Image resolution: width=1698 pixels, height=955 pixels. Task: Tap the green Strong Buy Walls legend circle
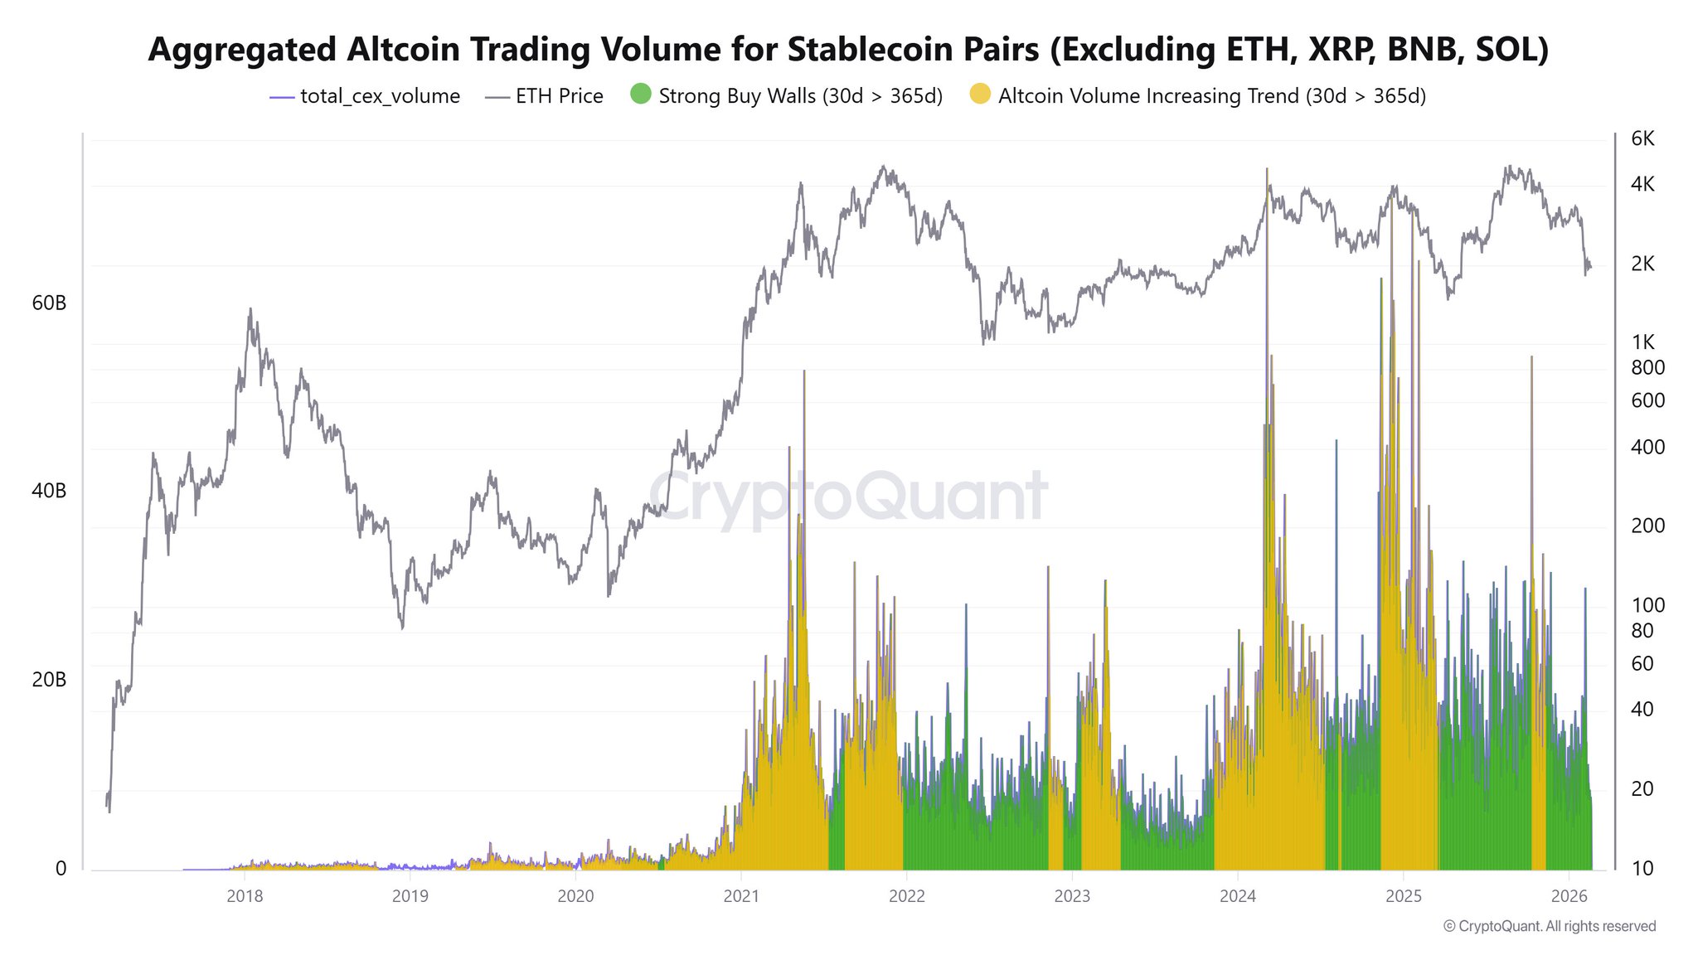pos(641,95)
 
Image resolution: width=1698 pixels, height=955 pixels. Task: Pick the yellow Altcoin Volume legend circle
pos(980,95)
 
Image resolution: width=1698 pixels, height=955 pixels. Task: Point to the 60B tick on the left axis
pos(49,303)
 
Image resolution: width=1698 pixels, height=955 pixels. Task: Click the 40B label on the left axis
pos(49,491)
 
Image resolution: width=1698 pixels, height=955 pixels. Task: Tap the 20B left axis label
pos(49,680)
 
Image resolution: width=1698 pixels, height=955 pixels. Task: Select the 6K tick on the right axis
pos(1642,139)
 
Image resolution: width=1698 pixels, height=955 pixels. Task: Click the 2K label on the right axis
pos(1642,264)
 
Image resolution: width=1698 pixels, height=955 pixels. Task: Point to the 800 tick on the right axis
pos(1647,367)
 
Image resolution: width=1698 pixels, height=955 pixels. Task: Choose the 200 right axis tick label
pos(1647,526)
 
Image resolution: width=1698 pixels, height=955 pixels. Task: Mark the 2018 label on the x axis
pos(245,896)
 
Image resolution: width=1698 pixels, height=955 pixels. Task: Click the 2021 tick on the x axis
pos(740,896)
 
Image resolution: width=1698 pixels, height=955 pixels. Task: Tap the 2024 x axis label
pos(1237,896)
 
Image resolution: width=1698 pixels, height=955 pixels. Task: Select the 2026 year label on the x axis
pos(1568,896)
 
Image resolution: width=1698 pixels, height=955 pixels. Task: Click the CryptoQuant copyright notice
pos(1550,926)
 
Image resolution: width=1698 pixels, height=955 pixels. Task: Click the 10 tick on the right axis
pos(1642,868)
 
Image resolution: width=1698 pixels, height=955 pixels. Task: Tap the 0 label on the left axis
pos(61,869)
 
